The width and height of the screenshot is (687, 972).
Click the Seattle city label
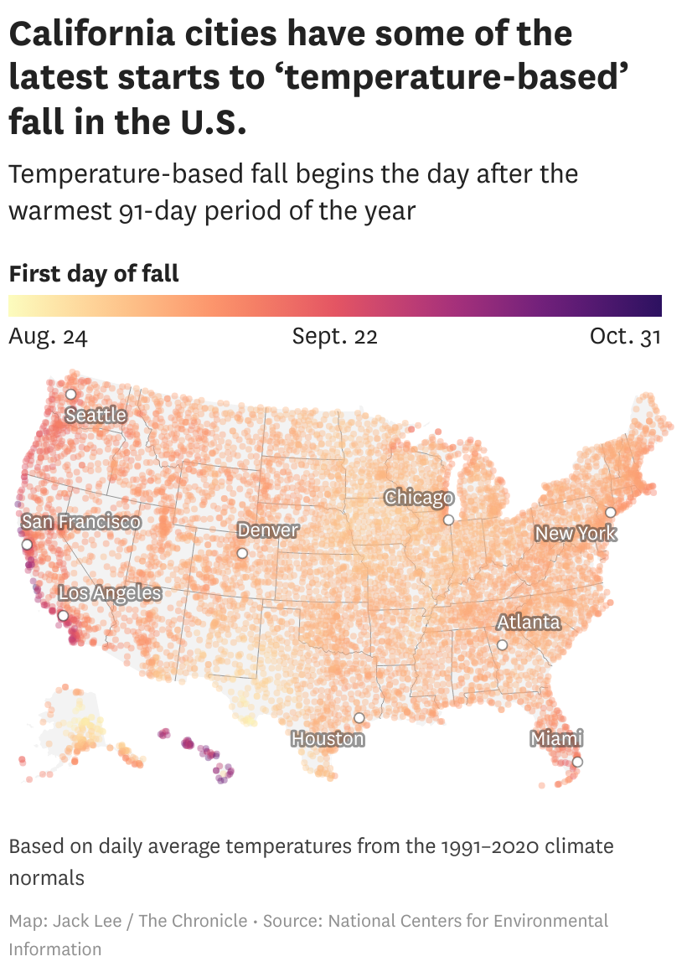tap(96, 415)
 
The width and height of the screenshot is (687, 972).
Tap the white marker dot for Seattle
tap(71, 394)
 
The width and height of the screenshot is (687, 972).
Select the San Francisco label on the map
tap(81, 522)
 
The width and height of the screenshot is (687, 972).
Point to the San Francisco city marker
tap(27, 544)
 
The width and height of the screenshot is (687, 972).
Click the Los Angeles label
tap(110, 593)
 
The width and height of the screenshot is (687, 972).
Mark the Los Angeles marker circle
tap(63, 615)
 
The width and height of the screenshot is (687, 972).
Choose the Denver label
tap(268, 530)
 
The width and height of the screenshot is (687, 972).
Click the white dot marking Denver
tap(242, 553)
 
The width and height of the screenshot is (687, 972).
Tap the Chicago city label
tap(419, 498)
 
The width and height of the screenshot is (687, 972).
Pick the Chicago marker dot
tap(449, 520)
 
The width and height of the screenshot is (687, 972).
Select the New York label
tap(576, 534)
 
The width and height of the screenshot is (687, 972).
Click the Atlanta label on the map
tap(529, 623)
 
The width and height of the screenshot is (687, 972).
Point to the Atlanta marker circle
tap(502, 644)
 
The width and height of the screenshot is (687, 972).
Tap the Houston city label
tap(328, 739)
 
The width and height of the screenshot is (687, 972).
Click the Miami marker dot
tap(577, 762)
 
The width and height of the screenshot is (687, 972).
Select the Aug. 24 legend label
tap(48, 337)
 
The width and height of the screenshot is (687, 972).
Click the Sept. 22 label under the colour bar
tap(335, 337)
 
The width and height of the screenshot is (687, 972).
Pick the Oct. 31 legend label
tap(626, 337)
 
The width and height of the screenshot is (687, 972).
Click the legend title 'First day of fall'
tap(94, 274)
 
